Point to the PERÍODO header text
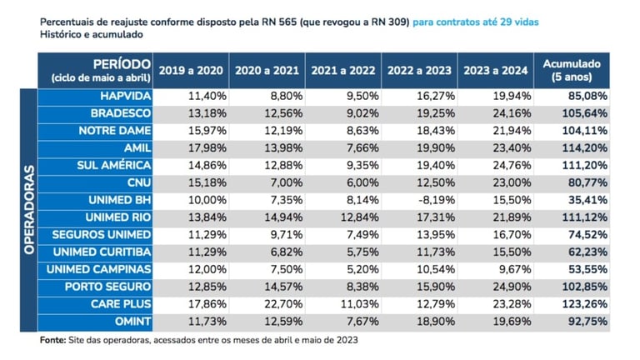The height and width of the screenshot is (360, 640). pos(122,63)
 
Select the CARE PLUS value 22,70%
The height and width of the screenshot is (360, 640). pos(284,304)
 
